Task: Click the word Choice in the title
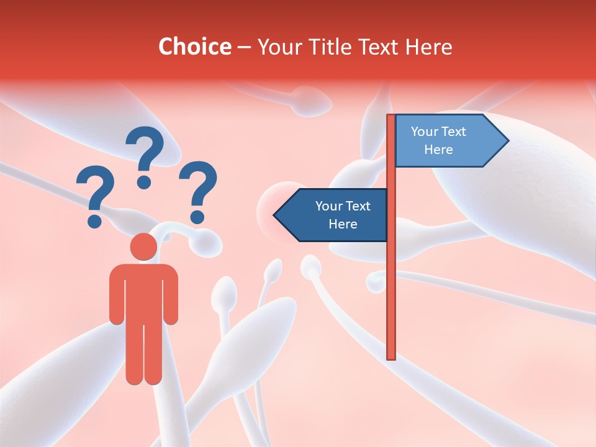tap(194, 47)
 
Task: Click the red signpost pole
tap(391, 279)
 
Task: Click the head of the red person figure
tap(143, 247)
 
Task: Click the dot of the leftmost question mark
tap(94, 220)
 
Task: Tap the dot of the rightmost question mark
tap(197, 217)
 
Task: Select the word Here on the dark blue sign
tap(343, 224)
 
